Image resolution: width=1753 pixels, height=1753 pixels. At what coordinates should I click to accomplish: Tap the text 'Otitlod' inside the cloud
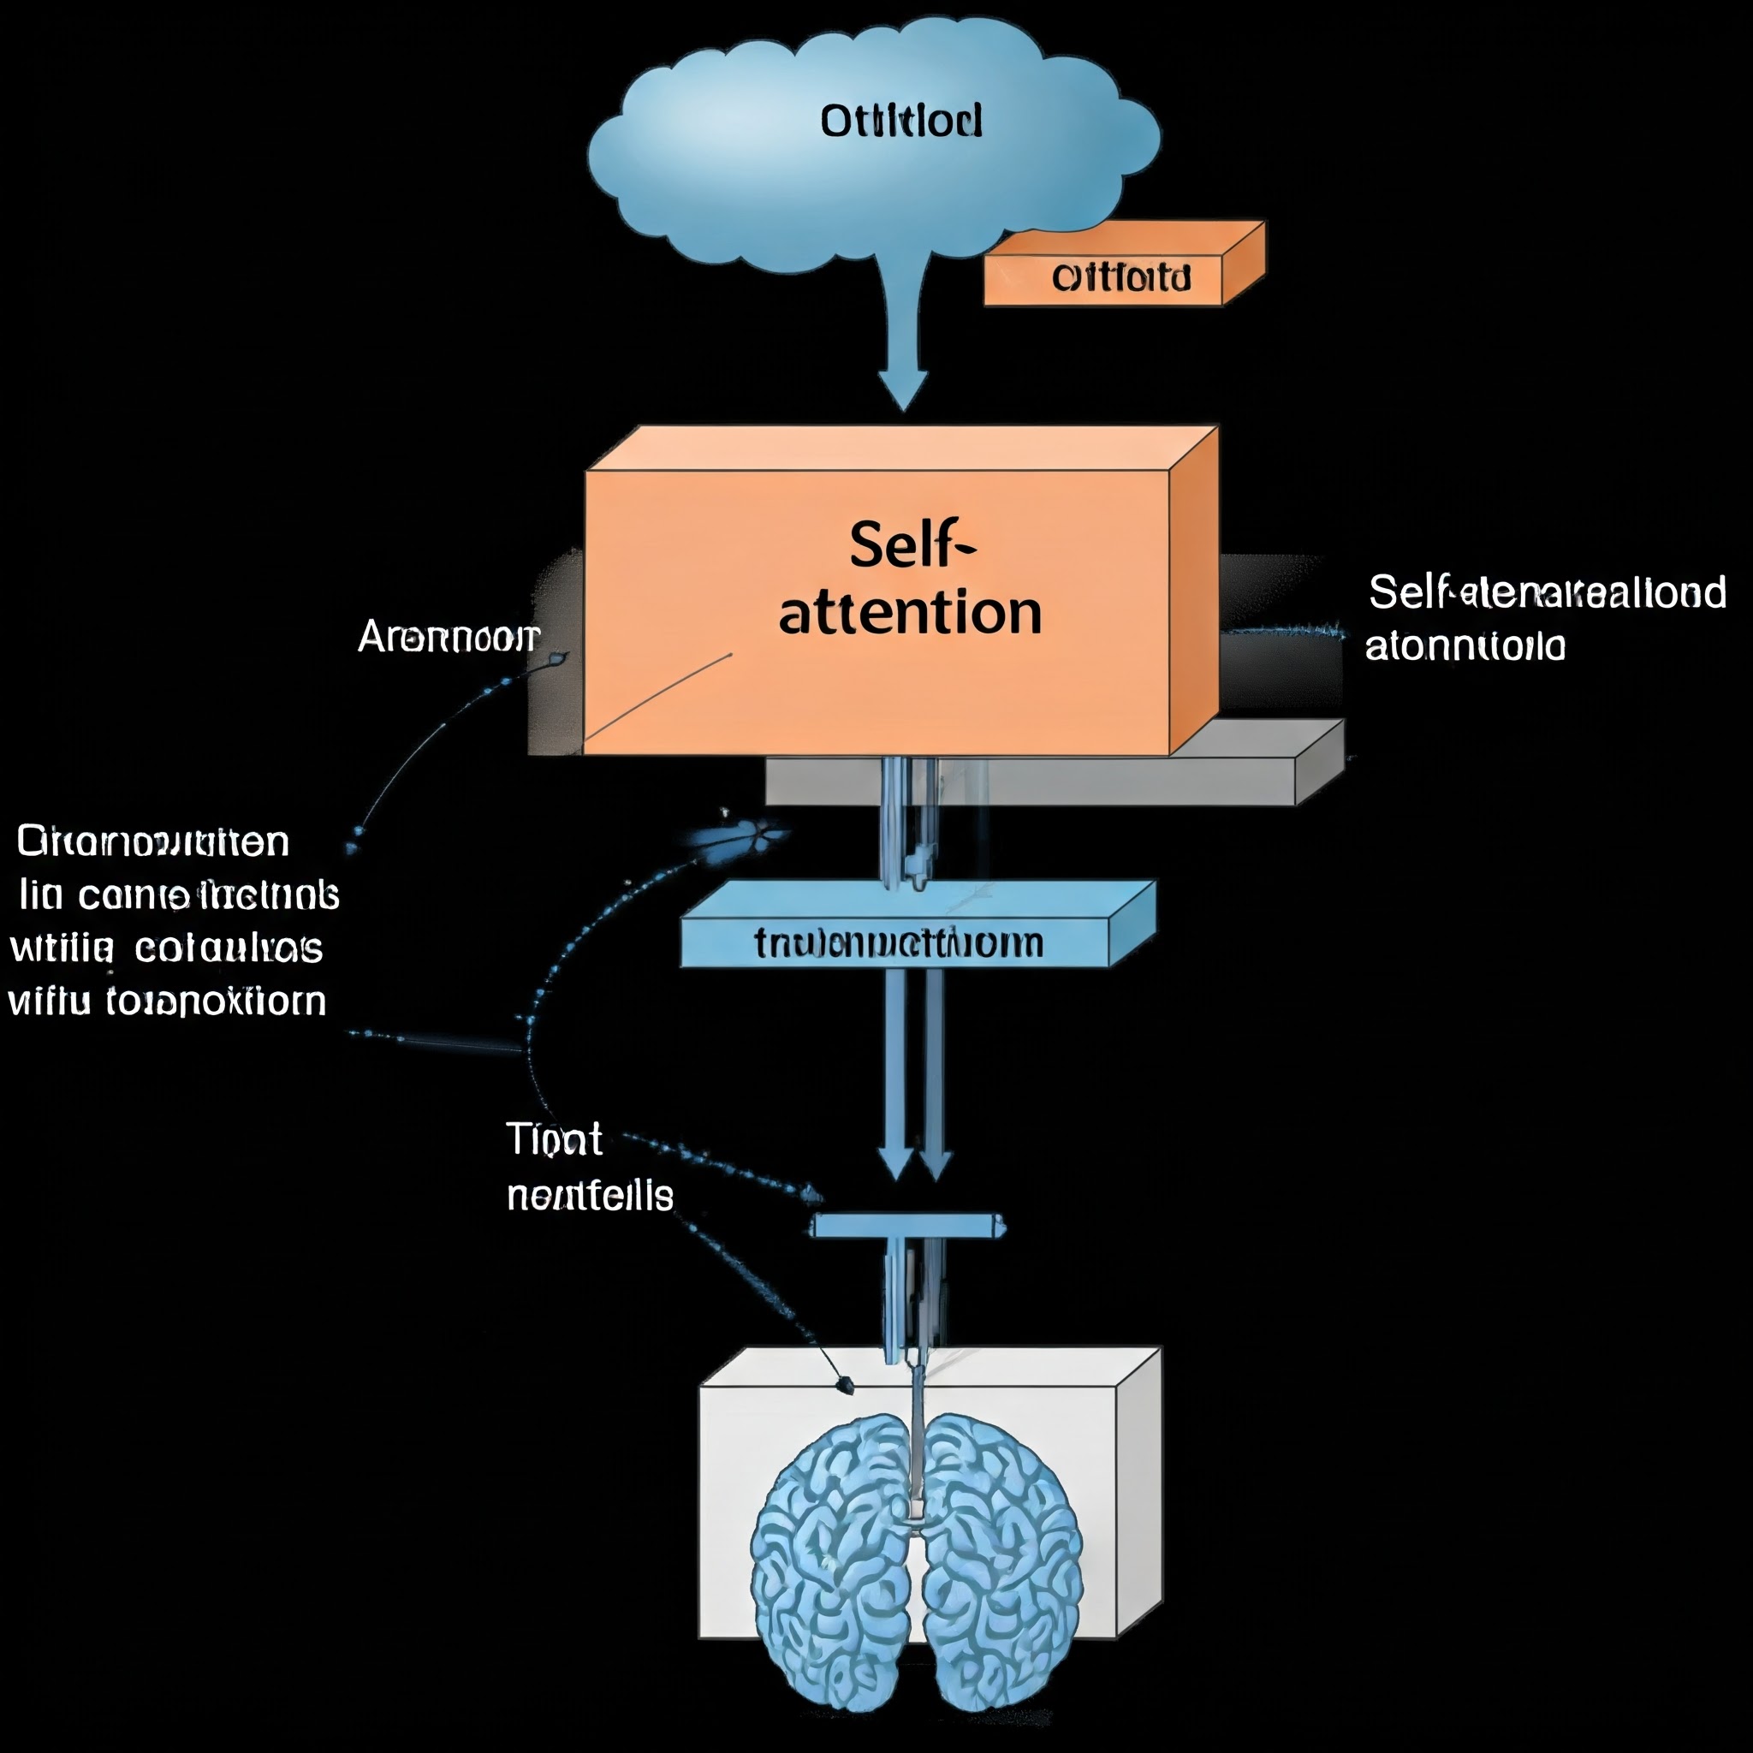900,121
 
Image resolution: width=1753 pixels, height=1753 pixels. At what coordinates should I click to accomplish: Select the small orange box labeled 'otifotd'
1120,276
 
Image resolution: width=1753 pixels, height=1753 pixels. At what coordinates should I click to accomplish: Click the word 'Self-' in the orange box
911,545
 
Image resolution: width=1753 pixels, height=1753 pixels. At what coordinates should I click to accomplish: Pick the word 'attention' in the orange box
910,614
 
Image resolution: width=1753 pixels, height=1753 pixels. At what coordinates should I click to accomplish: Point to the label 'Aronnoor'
449,637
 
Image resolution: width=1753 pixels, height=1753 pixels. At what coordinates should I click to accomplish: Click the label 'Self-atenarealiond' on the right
1546,592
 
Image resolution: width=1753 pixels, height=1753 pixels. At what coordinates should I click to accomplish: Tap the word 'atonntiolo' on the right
1465,647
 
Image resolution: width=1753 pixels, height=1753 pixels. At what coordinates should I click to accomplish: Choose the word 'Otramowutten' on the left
152,842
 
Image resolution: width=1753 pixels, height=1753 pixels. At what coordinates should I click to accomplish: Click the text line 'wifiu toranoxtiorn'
167,1001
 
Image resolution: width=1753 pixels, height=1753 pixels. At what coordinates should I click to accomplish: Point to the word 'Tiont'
554,1139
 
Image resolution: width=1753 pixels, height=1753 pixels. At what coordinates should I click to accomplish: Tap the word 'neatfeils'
590,1196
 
